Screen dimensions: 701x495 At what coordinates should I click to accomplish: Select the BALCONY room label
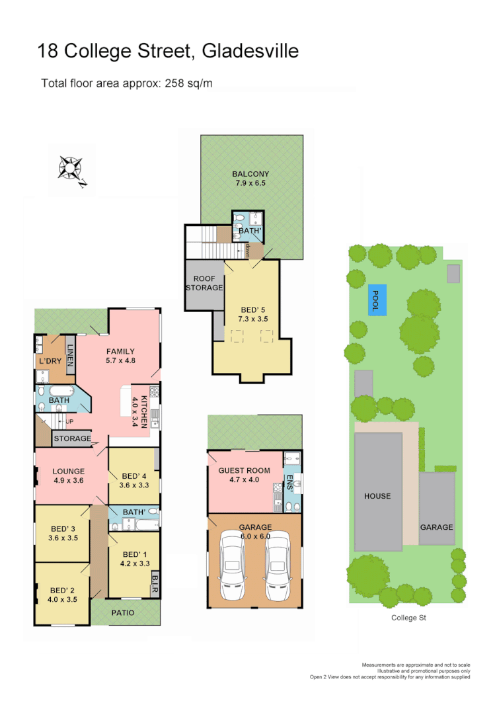[x=250, y=175]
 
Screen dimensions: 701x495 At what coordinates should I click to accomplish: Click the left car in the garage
[x=231, y=565]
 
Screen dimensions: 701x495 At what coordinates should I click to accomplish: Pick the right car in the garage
[x=277, y=565]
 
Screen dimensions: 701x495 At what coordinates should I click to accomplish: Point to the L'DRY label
[x=49, y=362]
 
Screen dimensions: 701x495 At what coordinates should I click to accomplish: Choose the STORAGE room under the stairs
[x=72, y=438]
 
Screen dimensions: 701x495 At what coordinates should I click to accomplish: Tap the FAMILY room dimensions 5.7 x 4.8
[x=120, y=361]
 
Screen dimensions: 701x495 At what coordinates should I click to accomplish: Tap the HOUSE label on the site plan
[x=378, y=496]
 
